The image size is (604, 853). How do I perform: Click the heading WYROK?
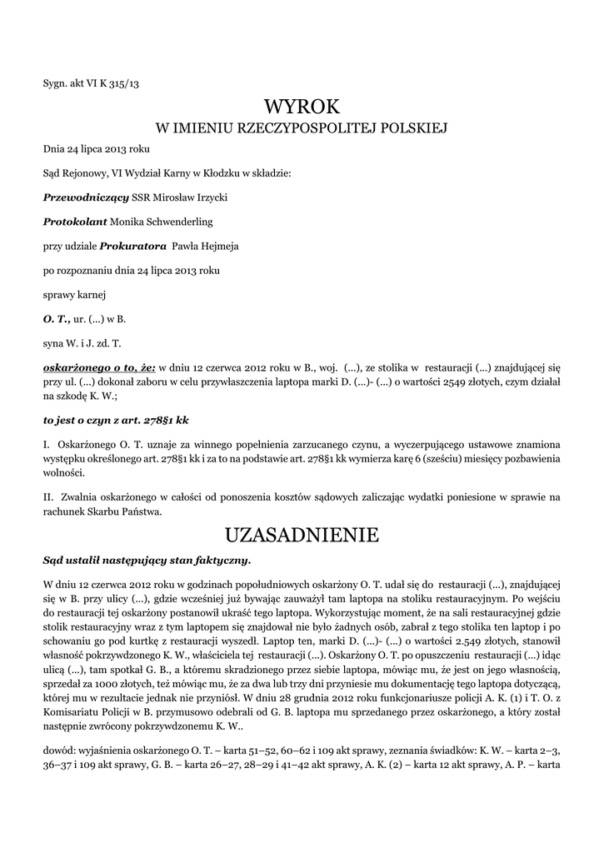(302, 107)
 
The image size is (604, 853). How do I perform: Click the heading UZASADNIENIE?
(302, 534)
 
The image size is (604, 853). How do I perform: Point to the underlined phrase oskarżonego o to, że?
(99, 367)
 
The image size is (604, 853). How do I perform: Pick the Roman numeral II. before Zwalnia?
(49, 497)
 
